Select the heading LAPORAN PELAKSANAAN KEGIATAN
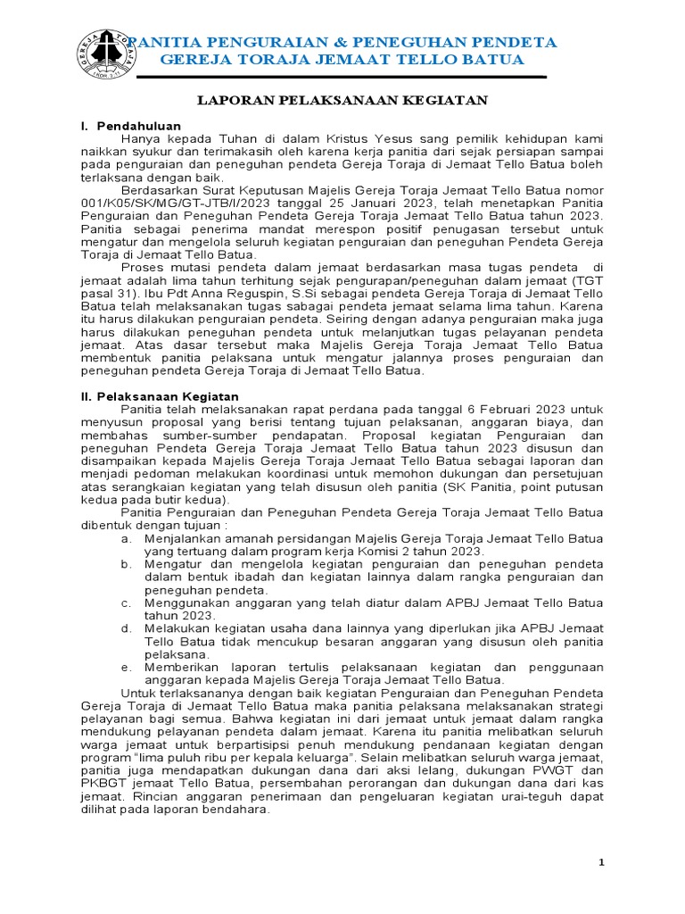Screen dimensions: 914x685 (x=342, y=101)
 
